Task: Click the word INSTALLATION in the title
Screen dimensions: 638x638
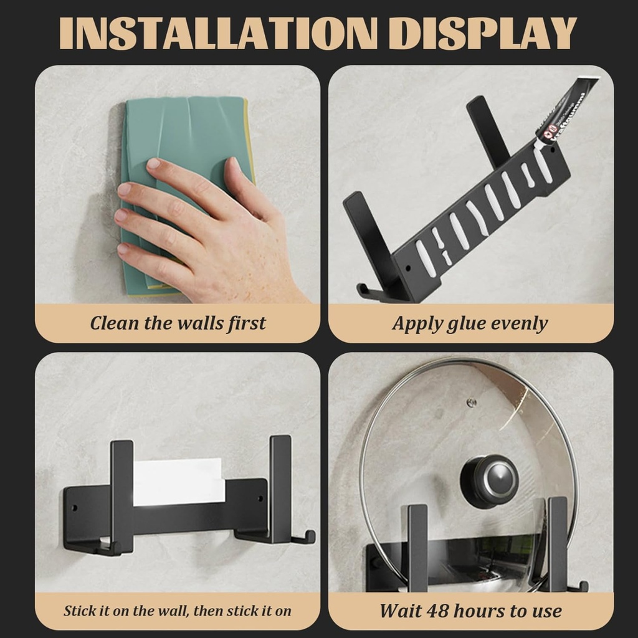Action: click(x=212, y=32)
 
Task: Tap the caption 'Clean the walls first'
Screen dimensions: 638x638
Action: click(x=178, y=323)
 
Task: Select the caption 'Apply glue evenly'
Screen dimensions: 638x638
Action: click(x=470, y=323)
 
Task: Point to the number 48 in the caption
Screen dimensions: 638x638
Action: click(x=439, y=611)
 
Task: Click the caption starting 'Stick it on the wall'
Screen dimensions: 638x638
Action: click(x=178, y=611)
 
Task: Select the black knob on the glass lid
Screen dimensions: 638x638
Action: click(x=489, y=480)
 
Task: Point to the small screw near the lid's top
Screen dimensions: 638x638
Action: click(x=472, y=402)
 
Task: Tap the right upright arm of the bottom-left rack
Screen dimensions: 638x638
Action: click(x=280, y=486)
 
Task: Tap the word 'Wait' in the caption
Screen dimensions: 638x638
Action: click(x=401, y=611)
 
